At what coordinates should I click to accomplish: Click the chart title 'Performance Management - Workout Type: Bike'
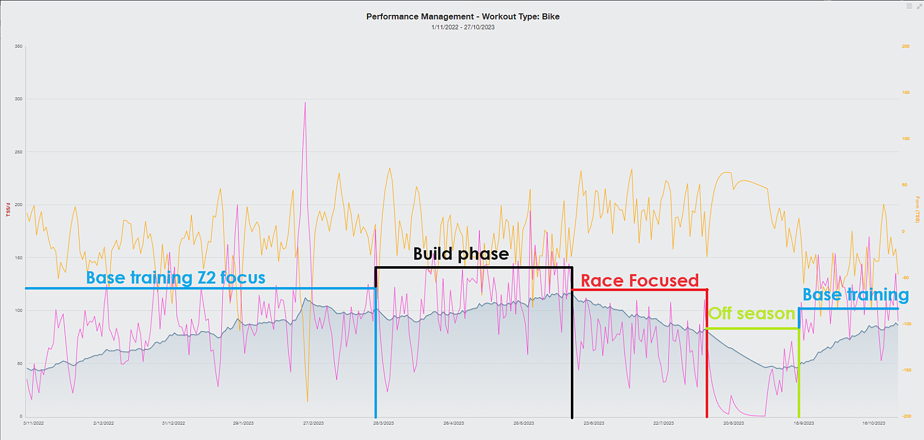click(x=463, y=16)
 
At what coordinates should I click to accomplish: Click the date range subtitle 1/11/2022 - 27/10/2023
click(x=463, y=27)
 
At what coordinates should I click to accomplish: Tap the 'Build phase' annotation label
click(x=460, y=254)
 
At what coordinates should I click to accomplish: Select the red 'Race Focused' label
click(x=639, y=281)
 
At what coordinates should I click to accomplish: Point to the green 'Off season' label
click(x=751, y=313)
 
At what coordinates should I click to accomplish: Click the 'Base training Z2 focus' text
click(x=176, y=277)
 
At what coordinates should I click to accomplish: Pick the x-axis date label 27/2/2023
click(x=313, y=423)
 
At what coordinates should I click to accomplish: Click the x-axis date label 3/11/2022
click(x=33, y=423)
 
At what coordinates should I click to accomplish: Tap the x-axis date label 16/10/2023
click(x=873, y=423)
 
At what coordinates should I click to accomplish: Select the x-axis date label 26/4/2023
click(x=453, y=423)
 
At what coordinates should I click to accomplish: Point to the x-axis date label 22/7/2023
click(x=663, y=423)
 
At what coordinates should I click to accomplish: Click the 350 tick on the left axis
click(x=18, y=46)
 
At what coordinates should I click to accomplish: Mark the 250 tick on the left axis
click(x=18, y=152)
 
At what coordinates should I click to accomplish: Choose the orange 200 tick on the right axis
click(x=906, y=46)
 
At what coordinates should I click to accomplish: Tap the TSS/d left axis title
click(x=8, y=209)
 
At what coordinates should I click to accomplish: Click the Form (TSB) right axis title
click(x=917, y=209)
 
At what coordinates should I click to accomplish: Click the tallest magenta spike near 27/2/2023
click(x=305, y=103)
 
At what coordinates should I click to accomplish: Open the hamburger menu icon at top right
click(x=909, y=6)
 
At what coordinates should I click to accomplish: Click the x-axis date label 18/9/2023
click(x=803, y=423)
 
